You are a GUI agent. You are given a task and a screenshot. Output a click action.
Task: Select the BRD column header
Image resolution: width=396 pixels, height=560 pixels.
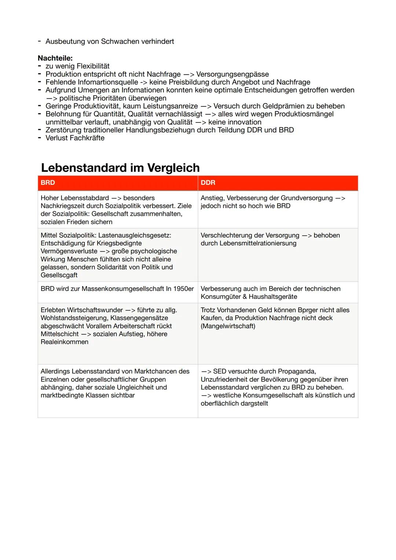48,183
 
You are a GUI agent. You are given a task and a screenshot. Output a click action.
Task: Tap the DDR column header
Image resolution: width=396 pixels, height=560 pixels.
208,183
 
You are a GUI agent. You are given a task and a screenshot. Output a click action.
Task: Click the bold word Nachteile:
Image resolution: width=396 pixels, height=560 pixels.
55,58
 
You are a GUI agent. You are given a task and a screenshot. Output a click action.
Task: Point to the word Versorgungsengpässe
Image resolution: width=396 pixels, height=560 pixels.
232,74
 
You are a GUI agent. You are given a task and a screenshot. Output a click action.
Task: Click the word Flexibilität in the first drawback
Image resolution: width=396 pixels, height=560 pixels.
93,66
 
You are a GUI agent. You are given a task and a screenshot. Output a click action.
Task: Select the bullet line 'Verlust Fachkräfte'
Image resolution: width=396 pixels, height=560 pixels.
75,138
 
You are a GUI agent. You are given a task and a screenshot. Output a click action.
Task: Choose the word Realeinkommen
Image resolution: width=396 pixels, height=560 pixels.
65,342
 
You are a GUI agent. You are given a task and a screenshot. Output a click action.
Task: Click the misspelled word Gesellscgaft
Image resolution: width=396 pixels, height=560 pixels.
59,275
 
